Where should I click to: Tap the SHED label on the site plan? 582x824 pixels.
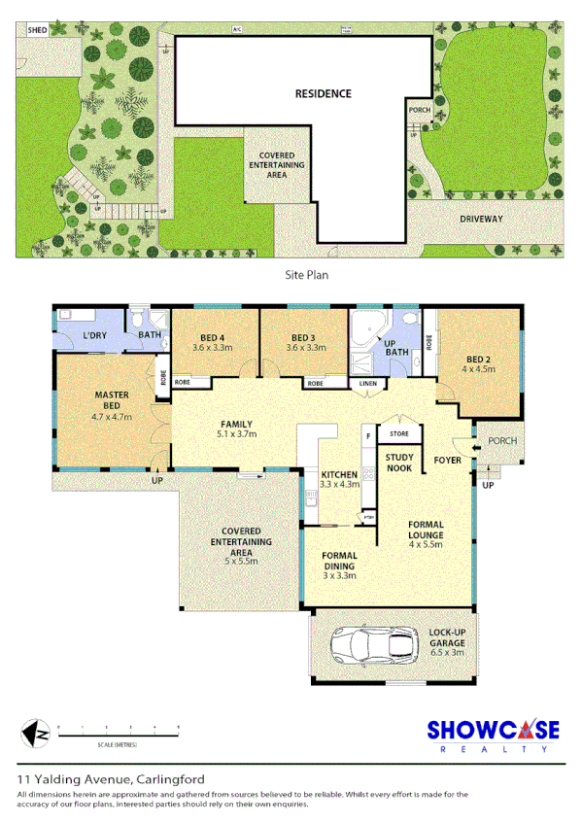[37, 31]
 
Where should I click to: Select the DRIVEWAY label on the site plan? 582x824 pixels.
[481, 220]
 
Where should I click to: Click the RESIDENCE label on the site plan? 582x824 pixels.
[324, 94]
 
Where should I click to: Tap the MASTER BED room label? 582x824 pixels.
[111, 401]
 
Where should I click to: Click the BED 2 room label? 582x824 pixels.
[478, 363]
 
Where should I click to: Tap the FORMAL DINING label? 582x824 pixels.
[340, 563]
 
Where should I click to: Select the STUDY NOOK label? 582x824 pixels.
[398, 462]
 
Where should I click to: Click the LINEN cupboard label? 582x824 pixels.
[367, 384]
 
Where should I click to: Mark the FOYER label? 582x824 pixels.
[448, 461]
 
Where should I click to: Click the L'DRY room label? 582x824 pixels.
[93, 335]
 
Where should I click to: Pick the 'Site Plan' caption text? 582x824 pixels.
[307, 275]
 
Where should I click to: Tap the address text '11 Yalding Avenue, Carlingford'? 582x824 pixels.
[111, 779]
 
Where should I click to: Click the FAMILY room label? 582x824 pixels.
[235, 429]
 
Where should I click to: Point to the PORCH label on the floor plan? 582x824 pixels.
[502, 440]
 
